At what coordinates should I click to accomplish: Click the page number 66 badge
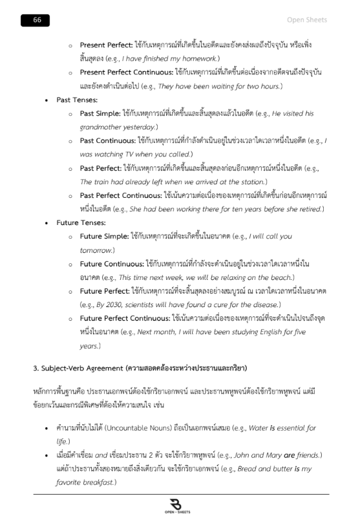[x=37, y=20]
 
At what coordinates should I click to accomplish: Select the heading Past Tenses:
[x=77, y=100]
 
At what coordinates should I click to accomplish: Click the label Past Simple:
[x=100, y=113]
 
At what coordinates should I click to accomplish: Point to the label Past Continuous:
[x=108, y=140]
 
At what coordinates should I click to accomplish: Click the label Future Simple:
[x=105, y=236]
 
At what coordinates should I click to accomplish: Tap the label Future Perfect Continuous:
[x=125, y=318]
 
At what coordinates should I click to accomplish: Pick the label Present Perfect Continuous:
[x=127, y=72]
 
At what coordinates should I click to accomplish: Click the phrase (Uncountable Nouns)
[x=147, y=428]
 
